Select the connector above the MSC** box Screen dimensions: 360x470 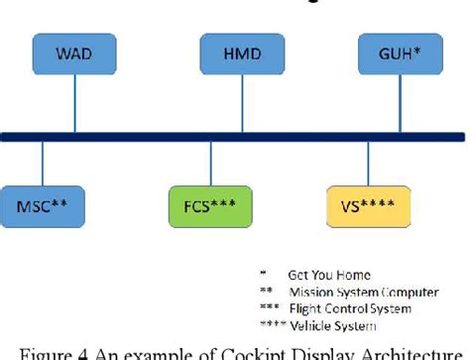click(43, 163)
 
